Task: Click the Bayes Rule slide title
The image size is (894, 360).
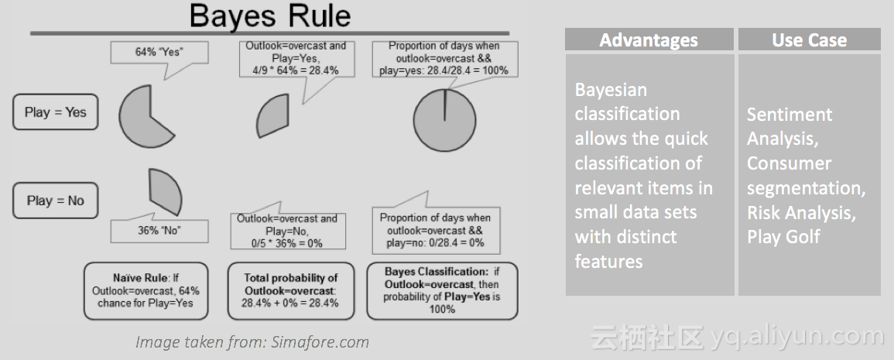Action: [269, 16]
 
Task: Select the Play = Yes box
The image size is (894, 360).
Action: [55, 111]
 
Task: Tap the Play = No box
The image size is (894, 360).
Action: [55, 201]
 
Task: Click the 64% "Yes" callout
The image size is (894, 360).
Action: [159, 53]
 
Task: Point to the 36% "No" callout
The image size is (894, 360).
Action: [159, 230]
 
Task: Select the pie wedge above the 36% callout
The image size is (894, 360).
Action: [165, 190]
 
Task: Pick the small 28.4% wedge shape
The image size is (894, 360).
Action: [272, 116]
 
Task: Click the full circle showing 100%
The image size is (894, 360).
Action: [445, 120]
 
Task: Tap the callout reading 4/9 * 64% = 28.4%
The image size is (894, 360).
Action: [296, 58]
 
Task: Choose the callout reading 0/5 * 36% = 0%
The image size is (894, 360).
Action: [287, 230]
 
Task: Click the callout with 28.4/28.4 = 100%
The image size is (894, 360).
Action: [444, 58]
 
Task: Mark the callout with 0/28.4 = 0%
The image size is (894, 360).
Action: [436, 230]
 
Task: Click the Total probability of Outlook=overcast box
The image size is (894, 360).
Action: [291, 291]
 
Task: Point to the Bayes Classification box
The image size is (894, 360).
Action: [443, 291]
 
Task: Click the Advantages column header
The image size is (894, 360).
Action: [649, 40]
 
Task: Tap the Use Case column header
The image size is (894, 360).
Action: [809, 40]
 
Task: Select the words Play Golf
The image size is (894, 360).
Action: [783, 237]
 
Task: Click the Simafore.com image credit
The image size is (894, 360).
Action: [252, 342]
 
